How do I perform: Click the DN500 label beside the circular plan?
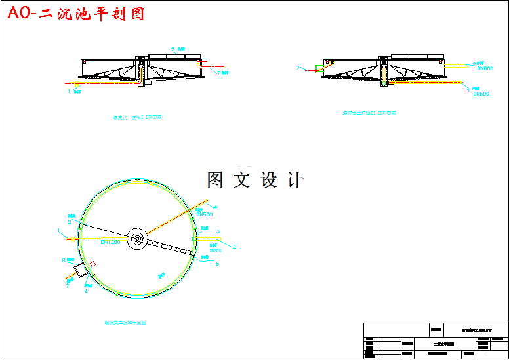pyautogui.click(x=205, y=214)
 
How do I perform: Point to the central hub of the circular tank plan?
pyautogui.click(x=137, y=239)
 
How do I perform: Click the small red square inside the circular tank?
pyautogui.click(x=93, y=264)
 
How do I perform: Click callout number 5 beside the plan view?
pyautogui.click(x=217, y=264)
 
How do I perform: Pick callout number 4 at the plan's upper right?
pyautogui.click(x=215, y=207)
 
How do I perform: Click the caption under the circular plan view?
pyautogui.click(x=125, y=323)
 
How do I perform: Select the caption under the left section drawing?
pyautogui.click(x=138, y=118)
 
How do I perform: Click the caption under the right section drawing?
pyautogui.click(x=369, y=113)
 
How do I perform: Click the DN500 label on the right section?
pyautogui.click(x=481, y=94)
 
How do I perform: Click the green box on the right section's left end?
pyautogui.click(x=316, y=68)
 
